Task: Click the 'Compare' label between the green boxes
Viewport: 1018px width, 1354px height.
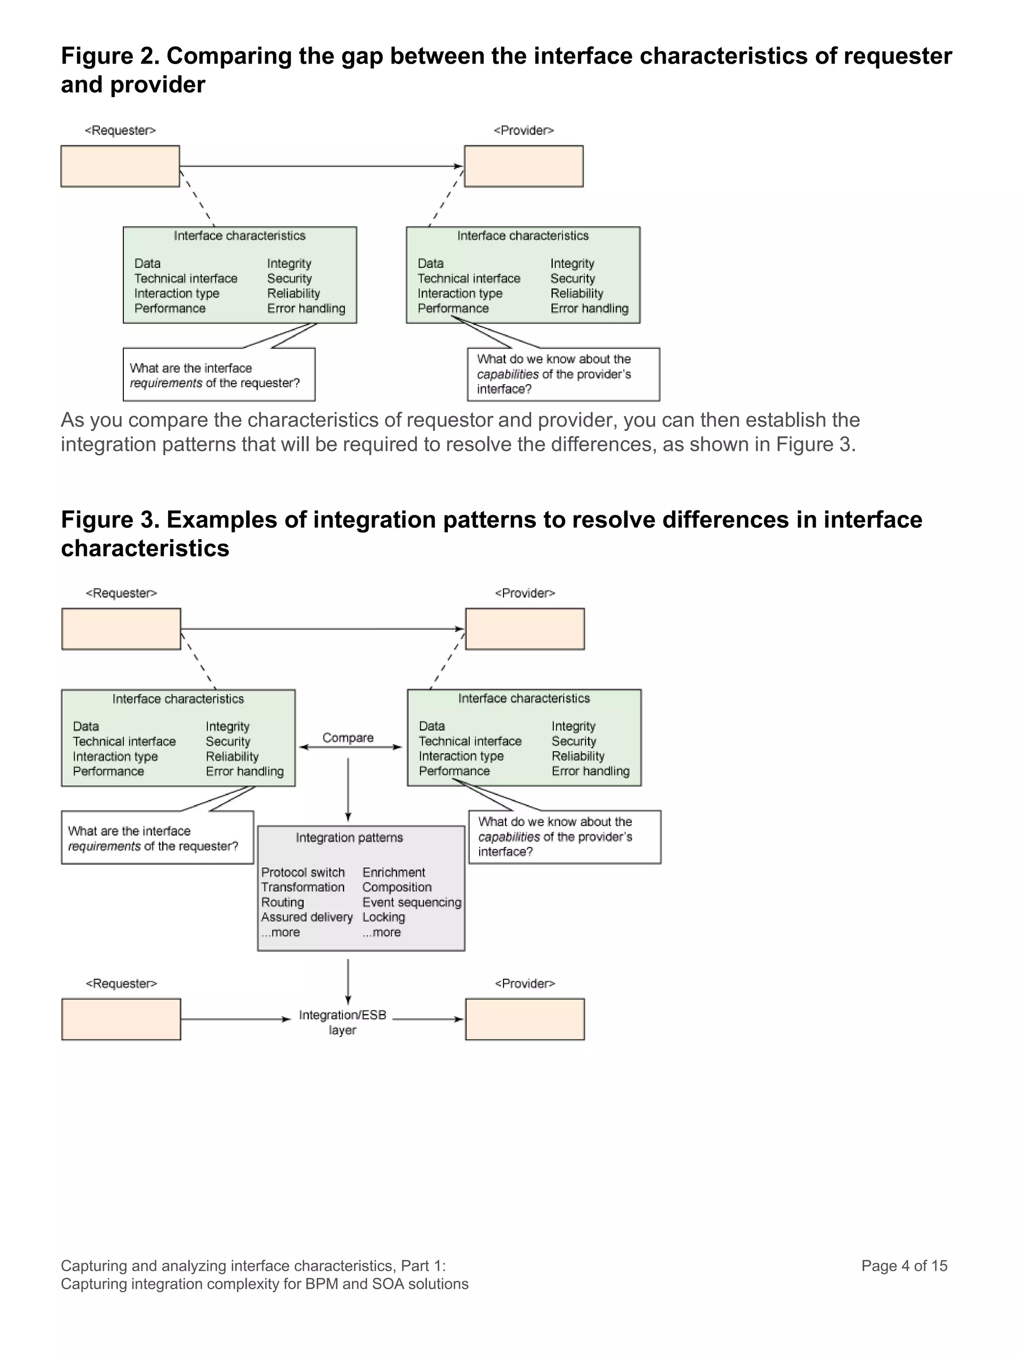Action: point(347,738)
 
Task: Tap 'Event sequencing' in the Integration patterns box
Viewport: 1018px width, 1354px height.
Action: point(412,902)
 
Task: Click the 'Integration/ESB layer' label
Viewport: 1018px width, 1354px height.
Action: point(342,1022)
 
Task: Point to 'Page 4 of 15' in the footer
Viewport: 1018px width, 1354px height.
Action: point(904,1266)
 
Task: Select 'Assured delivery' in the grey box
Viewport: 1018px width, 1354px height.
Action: point(307,917)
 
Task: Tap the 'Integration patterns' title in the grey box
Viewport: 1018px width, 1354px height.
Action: point(349,838)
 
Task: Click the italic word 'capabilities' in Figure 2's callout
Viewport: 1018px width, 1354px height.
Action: point(508,374)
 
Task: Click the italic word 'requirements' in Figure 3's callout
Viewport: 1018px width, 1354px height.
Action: point(104,846)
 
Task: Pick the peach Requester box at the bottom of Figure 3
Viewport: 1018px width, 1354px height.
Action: point(121,1019)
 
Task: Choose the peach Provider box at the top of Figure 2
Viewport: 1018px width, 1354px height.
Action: point(523,166)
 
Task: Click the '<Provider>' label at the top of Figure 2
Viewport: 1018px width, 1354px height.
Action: point(523,130)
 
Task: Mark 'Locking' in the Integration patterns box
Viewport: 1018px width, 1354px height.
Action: point(383,917)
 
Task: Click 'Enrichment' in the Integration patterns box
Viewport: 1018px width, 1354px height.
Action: point(394,872)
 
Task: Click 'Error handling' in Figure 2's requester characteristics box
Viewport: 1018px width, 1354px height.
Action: point(306,309)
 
